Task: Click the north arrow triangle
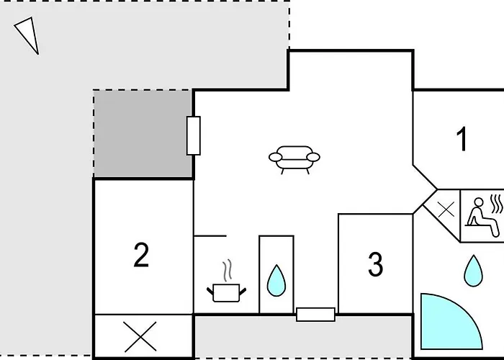click(29, 34)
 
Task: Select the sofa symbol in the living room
click(294, 160)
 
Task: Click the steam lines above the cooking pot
click(228, 271)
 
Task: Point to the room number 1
click(462, 139)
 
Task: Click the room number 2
click(141, 255)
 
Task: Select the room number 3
click(375, 264)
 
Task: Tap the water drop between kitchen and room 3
click(276, 281)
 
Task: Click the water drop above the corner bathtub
click(474, 271)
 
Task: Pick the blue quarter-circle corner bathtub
click(447, 325)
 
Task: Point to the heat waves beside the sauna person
click(497, 204)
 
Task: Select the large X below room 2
click(140, 336)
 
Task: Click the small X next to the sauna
click(446, 210)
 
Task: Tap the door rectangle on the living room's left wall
click(194, 135)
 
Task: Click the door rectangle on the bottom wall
click(315, 315)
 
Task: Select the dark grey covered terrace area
click(143, 134)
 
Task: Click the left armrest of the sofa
click(276, 157)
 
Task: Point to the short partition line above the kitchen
click(210, 236)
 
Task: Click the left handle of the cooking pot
click(210, 292)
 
